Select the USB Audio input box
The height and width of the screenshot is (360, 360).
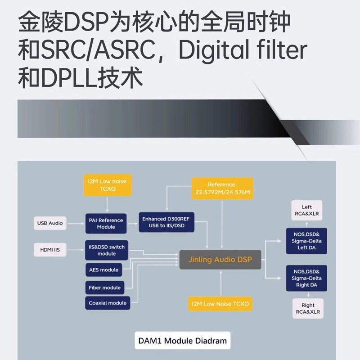tap(50, 223)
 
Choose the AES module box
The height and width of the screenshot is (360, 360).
tap(103, 270)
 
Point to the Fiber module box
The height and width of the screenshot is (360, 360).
tap(104, 288)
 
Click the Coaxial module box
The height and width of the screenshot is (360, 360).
tap(107, 303)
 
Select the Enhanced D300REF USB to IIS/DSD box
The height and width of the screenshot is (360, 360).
tap(166, 222)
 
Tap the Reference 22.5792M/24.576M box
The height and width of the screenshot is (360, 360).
tap(222, 189)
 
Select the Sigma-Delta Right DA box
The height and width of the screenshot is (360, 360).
tap(306, 278)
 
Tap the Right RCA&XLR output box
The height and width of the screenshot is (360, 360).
tap(308, 308)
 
